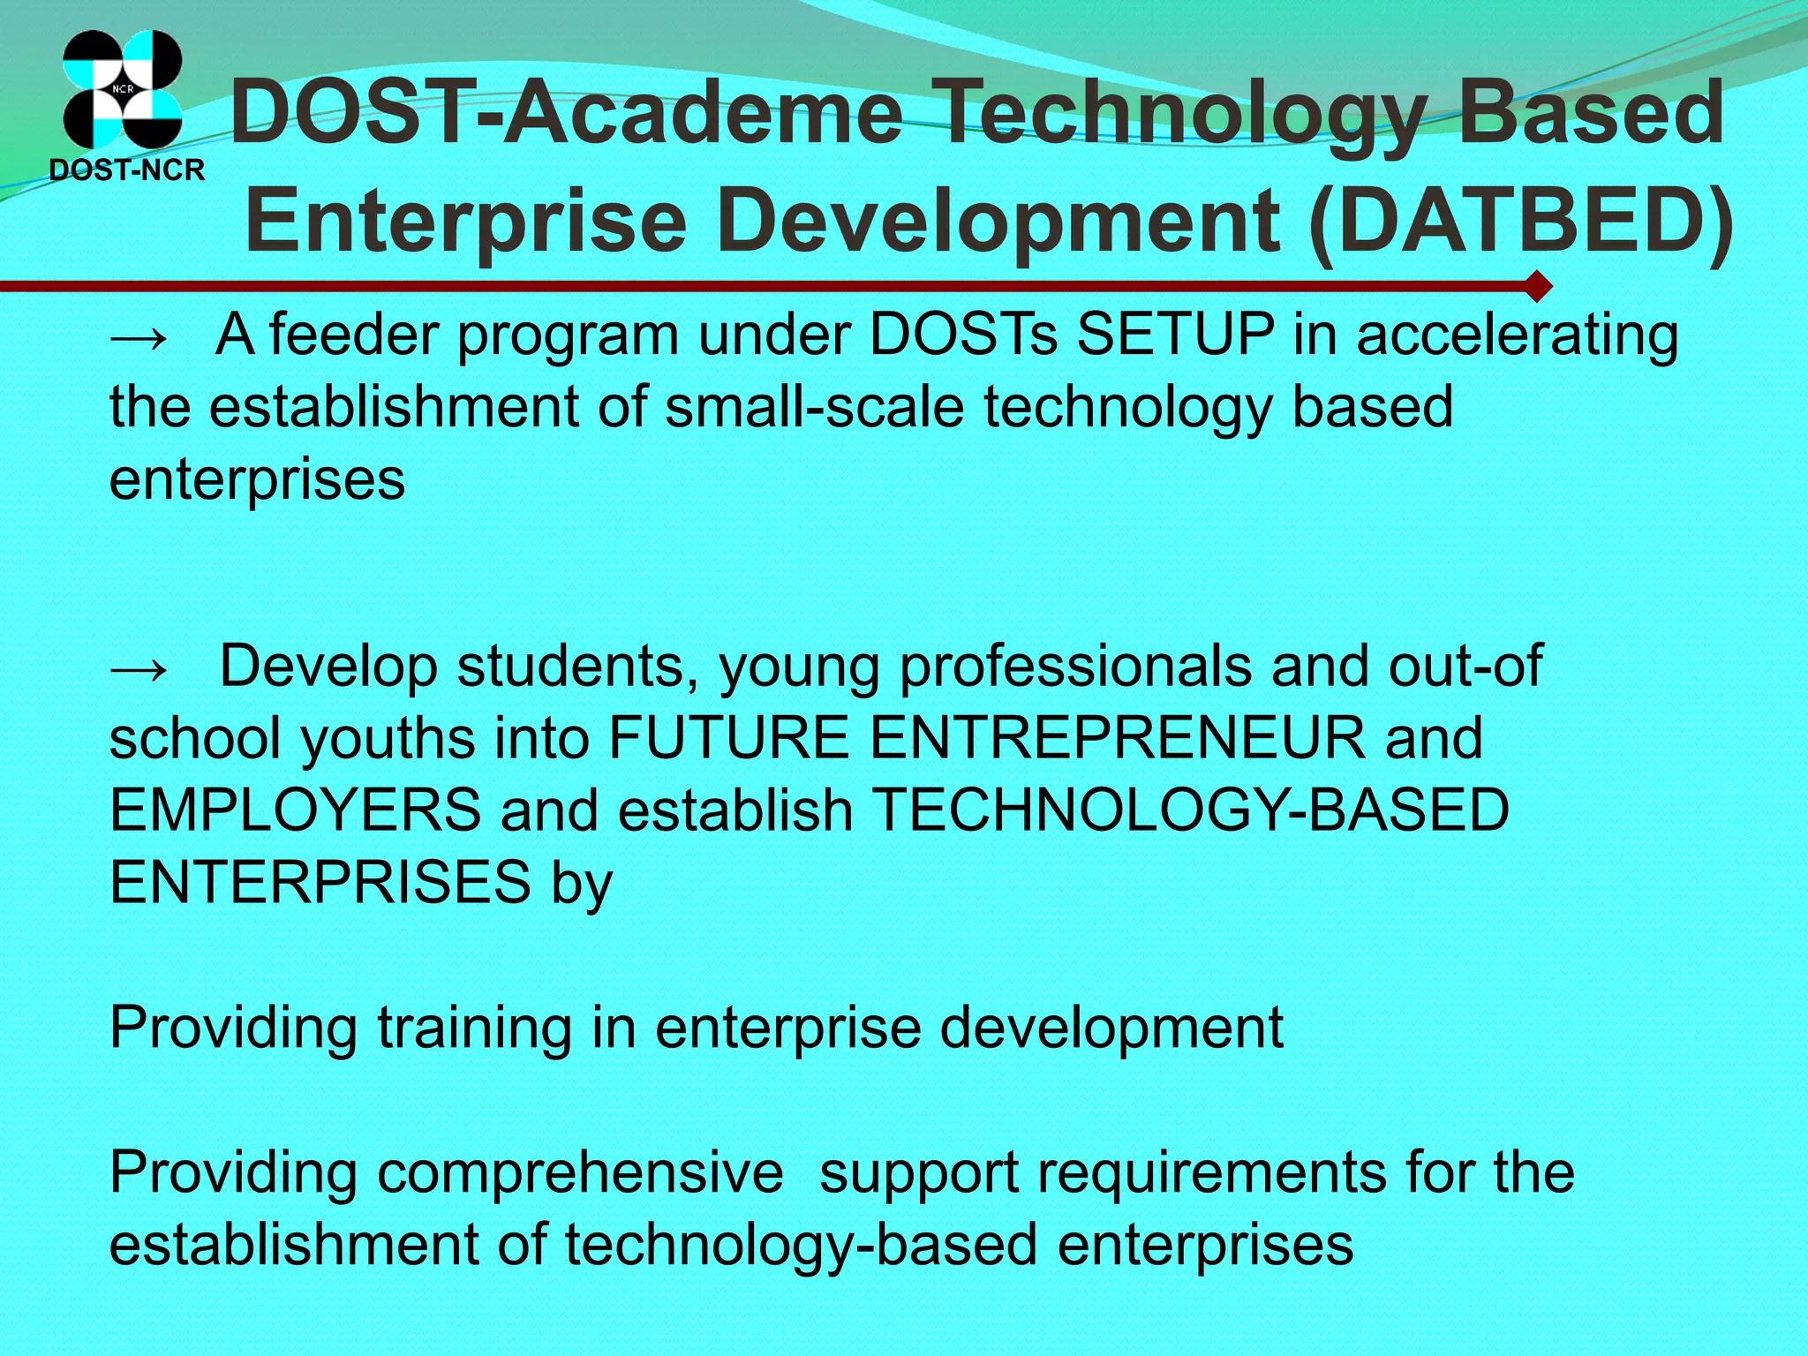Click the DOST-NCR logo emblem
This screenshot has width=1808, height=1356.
pyautogui.click(x=122, y=88)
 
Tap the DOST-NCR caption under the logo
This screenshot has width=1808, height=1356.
pyautogui.click(x=127, y=169)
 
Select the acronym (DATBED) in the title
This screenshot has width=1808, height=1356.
pyautogui.click(x=1519, y=220)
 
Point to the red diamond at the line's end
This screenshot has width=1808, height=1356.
pyautogui.click(x=1537, y=286)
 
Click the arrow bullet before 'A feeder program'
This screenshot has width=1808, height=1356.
pyautogui.click(x=139, y=336)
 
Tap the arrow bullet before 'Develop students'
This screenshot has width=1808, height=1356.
pyautogui.click(x=139, y=668)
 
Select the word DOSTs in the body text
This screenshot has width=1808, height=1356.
pyautogui.click(x=963, y=335)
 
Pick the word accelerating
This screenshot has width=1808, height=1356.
pyautogui.click(x=1517, y=336)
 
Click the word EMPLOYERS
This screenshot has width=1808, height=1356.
pyautogui.click(x=295, y=810)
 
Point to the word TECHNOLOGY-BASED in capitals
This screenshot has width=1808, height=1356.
pyautogui.click(x=1190, y=810)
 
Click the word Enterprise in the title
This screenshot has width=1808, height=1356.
pyautogui.click(x=465, y=220)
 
